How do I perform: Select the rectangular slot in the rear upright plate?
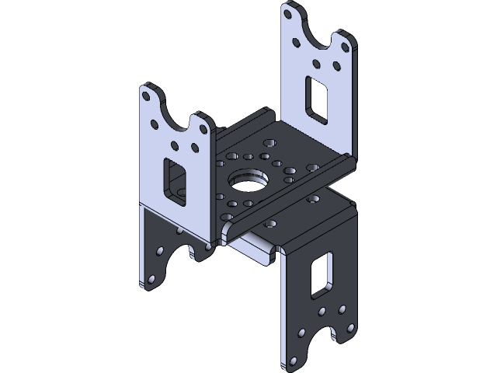point(318,98)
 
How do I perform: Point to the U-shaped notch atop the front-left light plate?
point(176,113)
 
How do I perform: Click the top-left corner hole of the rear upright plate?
point(289,13)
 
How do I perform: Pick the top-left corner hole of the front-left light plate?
point(146,96)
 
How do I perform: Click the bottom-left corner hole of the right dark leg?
point(294,361)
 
